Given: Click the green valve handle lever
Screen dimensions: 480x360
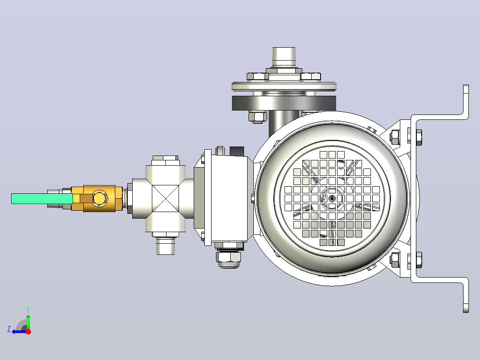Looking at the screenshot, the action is pos(42,199).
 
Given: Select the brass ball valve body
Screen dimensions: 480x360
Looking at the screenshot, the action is pos(97,199).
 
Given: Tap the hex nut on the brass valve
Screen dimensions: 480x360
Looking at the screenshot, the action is pos(99,198).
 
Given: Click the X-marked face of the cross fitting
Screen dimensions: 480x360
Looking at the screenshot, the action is pos(165,199).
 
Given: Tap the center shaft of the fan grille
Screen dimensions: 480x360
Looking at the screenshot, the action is pos(332,199).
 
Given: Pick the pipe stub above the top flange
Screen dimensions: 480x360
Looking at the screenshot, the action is pos(284,57).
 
